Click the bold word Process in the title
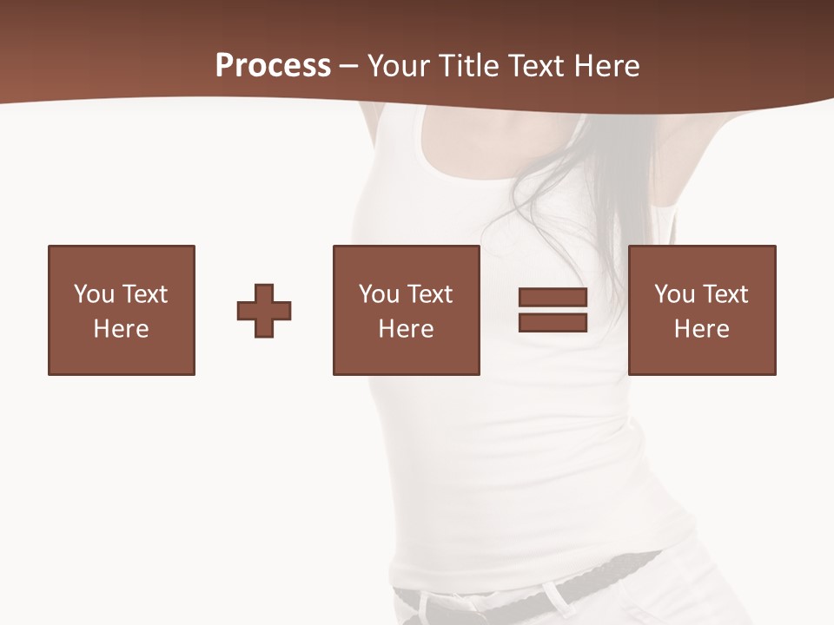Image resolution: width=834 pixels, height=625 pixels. (273, 65)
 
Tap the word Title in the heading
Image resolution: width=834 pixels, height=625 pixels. (468, 66)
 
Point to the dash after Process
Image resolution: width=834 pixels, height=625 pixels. (348, 67)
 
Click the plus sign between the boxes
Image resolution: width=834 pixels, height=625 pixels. (264, 311)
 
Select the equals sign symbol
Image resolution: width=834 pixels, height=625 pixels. (553, 310)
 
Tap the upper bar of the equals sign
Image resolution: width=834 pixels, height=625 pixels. (553, 298)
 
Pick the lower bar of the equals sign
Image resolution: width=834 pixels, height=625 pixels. (553, 322)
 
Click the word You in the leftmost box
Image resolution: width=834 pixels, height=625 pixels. (93, 294)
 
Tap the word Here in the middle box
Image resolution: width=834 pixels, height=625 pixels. (407, 329)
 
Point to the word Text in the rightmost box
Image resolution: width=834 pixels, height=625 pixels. (724, 294)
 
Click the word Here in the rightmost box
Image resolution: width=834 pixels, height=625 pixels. (702, 329)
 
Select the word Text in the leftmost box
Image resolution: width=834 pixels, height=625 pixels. (143, 294)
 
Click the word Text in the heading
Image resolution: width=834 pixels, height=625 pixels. (536, 66)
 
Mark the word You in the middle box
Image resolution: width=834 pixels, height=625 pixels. (378, 294)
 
